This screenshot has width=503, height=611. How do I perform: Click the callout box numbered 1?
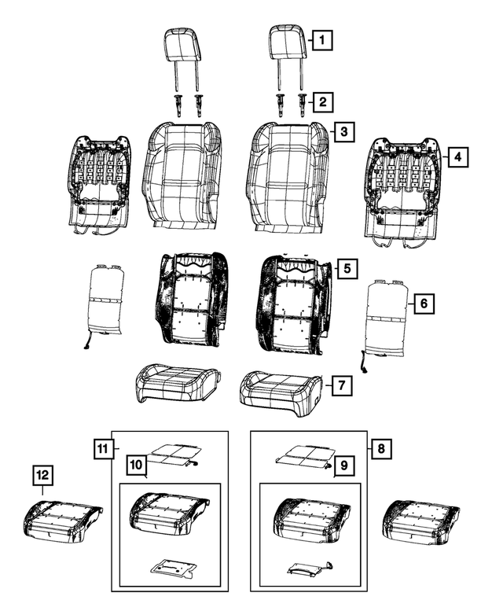(x=321, y=38)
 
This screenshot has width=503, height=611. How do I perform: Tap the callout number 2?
(x=321, y=101)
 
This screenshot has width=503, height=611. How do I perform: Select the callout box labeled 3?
(x=342, y=132)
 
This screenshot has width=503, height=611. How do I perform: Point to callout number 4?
(x=457, y=157)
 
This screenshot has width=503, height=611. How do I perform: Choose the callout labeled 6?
(x=422, y=303)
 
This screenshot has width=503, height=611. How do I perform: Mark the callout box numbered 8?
(x=380, y=449)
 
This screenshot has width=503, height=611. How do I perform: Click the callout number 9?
(x=342, y=467)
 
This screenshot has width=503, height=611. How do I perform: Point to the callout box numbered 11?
(x=101, y=449)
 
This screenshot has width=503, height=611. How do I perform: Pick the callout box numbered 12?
(x=43, y=475)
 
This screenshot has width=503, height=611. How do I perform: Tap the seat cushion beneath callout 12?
(x=61, y=521)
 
